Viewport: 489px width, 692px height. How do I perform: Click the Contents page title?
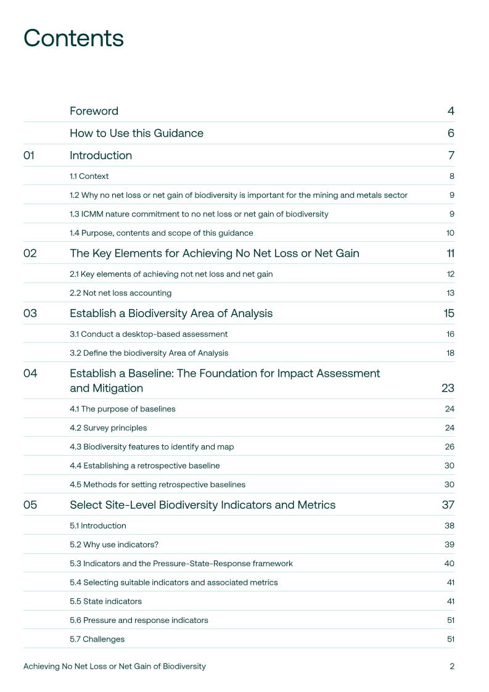pyautogui.click(x=73, y=38)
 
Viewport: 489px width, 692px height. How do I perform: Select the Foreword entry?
pyautogui.click(x=94, y=111)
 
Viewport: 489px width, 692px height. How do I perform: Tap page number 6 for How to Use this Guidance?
pyautogui.click(x=451, y=133)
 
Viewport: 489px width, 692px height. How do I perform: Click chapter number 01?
pyautogui.click(x=29, y=155)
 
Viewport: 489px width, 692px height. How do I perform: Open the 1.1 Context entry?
pyautogui.click(x=89, y=176)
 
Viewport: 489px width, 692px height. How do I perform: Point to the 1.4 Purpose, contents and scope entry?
pyautogui.click(x=161, y=233)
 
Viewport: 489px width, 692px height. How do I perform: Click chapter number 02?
pyautogui.click(x=30, y=253)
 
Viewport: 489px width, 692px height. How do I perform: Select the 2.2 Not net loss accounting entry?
pyautogui.click(x=120, y=293)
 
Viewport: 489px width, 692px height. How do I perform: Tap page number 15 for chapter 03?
pyautogui.click(x=448, y=313)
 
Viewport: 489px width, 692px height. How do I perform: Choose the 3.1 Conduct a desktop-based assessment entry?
pyautogui.click(x=149, y=334)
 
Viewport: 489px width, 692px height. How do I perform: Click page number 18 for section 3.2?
pyautogui.click(x=450, y=353)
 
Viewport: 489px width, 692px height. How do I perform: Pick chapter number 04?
pyautogui.click(x=30, y=373)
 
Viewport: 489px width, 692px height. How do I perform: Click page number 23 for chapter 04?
pyautogui.click(x=448, y=388)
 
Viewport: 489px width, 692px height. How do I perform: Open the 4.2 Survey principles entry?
pyautogui.click(x=108, y=428)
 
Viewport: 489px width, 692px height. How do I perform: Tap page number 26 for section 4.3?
pyautogui.click(x=450, y=447)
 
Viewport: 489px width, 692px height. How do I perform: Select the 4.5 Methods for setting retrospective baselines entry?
pyautogui.click(x=157, y=485)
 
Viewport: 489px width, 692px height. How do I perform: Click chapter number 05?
pyautogui.click(x=30, y=505)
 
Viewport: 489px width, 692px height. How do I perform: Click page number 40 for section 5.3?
pyautogui.click(x=449, y=563)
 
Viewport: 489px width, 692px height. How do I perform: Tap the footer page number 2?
pyautogui.click(x=452, y=666)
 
